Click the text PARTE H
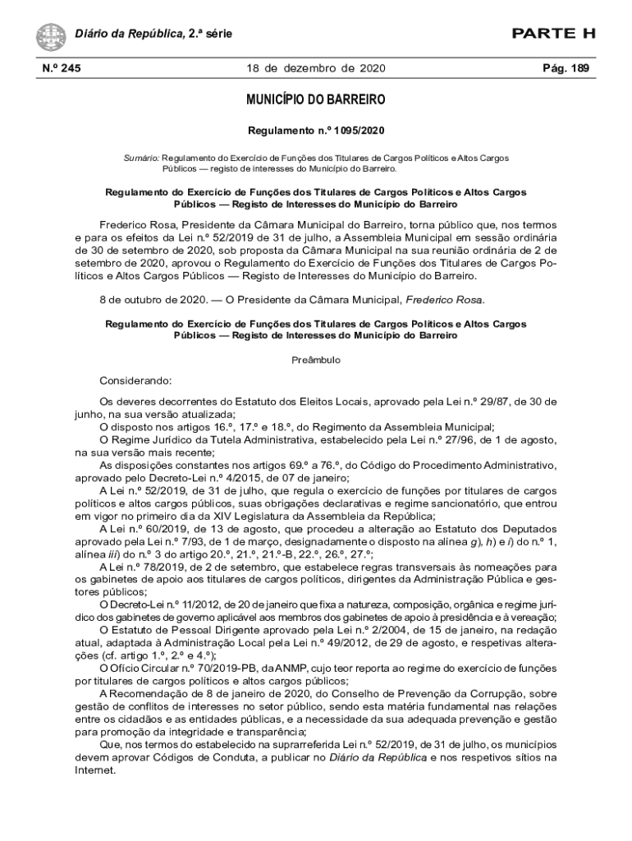(554, 34)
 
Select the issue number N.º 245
(57, 68)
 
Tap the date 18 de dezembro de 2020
(316, 68)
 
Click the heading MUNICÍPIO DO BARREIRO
(316, 101)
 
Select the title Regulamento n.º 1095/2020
(316, 131)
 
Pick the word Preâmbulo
(316, 360)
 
